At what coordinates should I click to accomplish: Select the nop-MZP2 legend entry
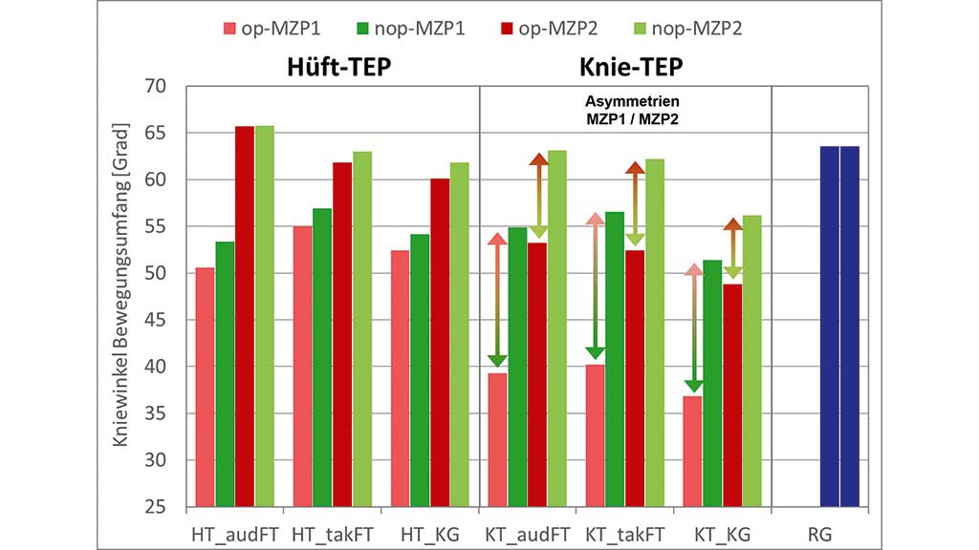(687, 29)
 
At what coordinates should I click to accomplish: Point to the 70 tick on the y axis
(155, 87)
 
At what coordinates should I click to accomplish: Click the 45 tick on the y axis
(155, 321)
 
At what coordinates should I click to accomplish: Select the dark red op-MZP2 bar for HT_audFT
(245, 316)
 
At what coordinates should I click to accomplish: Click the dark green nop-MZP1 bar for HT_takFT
(322, 357)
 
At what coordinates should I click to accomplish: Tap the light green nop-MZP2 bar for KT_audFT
(556, 328)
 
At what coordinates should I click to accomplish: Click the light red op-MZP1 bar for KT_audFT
(497, 439)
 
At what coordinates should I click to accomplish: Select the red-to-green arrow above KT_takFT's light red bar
(596, 286)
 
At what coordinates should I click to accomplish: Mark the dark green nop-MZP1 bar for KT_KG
(712, 383)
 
